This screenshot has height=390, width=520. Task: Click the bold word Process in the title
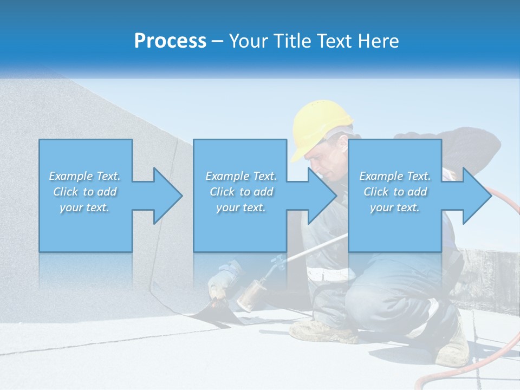coord(170,41)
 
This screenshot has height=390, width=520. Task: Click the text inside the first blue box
coord(85,192)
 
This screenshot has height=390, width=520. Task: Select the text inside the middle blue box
coord(241,192)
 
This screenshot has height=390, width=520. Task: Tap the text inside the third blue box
coord(395,192)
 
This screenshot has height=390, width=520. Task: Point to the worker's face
coord(328,160)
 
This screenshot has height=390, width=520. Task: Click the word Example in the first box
coord(70,176)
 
